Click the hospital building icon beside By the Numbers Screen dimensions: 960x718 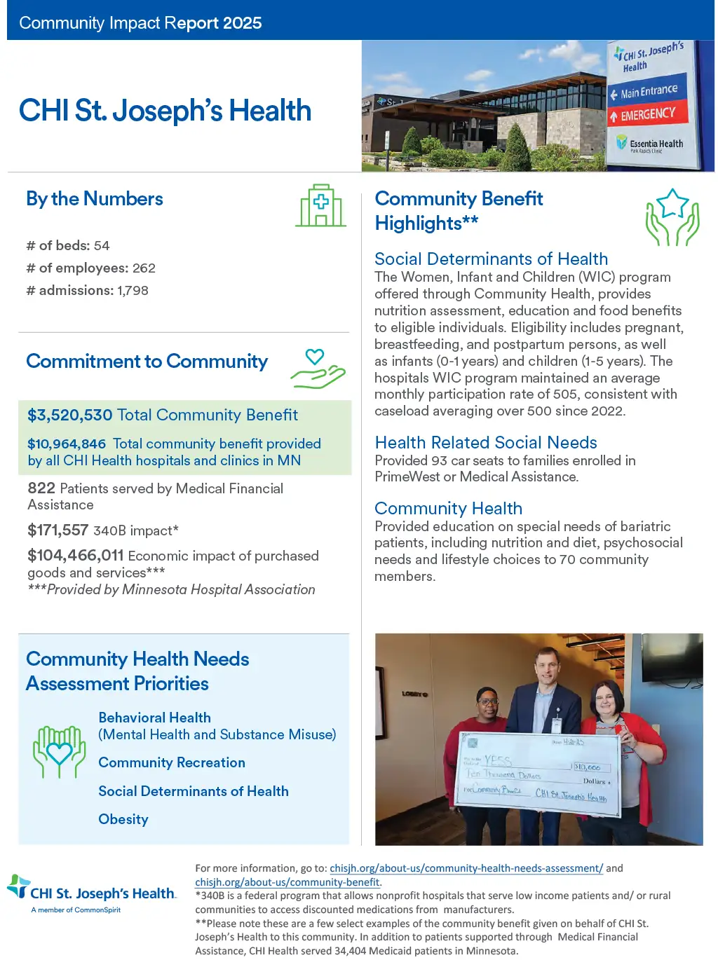(x=321, y=205)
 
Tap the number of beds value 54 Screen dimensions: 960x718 (x=102, y=246)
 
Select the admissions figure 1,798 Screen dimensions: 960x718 (x=133, y=291)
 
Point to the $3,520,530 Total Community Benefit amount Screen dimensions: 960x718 (x=70, y=416)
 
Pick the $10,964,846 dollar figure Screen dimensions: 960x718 (x=67, y=444)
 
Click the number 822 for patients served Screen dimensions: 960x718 (x=41, y=488)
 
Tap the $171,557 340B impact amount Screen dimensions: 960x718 (x=58, y=530)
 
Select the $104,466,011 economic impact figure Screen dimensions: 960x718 (x=76, y=556)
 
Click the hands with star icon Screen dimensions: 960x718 (x=672, y=217)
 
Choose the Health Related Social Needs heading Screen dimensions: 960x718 (x=486, y=443)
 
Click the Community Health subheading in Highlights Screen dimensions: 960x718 (x=448, y=509)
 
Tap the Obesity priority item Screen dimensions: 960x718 (x=123, y=820)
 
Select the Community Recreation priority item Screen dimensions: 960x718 (x=172, y=763)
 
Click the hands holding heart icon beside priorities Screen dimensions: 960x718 (x=60, y=752)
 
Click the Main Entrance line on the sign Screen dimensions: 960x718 (x=648, y=92)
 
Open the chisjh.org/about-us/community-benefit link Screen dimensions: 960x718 (x=287, y=883)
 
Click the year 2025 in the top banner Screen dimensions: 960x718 (x=243, y=23)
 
